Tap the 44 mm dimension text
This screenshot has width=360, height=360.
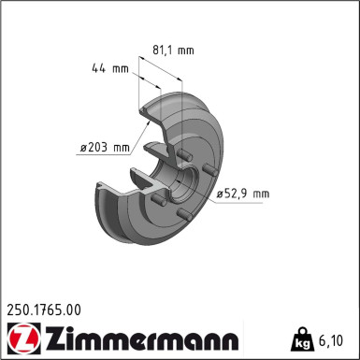[109, 68]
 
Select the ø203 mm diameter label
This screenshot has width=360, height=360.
[104, 147]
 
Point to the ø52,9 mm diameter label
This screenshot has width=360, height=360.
[242, 194]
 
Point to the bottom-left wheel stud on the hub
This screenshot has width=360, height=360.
[160, 200]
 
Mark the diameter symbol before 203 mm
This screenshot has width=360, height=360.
[83, 147]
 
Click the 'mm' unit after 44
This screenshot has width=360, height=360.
[120, 68]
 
